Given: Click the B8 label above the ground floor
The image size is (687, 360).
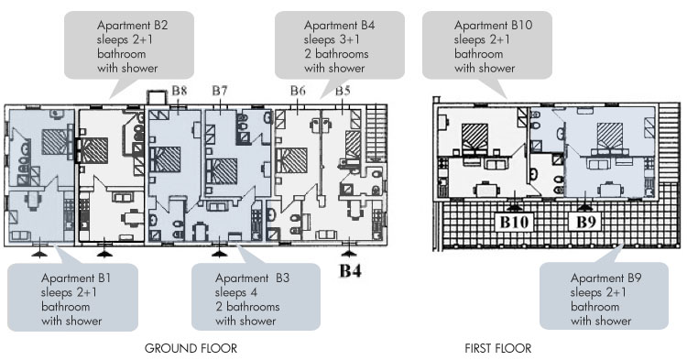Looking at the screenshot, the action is pos(180,91).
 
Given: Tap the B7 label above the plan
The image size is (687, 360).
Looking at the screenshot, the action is pos(220,91).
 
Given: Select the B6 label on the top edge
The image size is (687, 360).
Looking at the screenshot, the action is pos(298,91).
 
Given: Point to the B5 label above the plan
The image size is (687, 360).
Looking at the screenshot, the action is pos(343,91).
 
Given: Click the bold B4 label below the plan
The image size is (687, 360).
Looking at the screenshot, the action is pos(351,271).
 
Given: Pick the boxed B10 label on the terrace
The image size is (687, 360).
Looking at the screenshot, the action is pos(514,222).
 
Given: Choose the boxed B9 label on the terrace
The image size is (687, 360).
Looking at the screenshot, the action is pos(586,222).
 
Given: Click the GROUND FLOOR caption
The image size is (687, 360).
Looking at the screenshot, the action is pos(191,349).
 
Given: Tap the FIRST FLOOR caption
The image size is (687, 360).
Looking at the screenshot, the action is pos(498,349).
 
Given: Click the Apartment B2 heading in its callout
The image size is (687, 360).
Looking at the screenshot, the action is pos(132,26).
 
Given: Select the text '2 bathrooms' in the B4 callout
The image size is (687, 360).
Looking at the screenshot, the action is pos(336,54).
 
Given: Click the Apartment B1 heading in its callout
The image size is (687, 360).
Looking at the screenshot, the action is pos(76,278).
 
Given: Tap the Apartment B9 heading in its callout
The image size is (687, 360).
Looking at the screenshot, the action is pos(606,278).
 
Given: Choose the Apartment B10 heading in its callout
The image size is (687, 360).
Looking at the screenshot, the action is pos(494,26).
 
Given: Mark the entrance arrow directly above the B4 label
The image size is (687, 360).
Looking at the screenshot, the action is pos(348,252).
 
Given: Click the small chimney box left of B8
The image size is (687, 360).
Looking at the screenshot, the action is pos(157,97).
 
